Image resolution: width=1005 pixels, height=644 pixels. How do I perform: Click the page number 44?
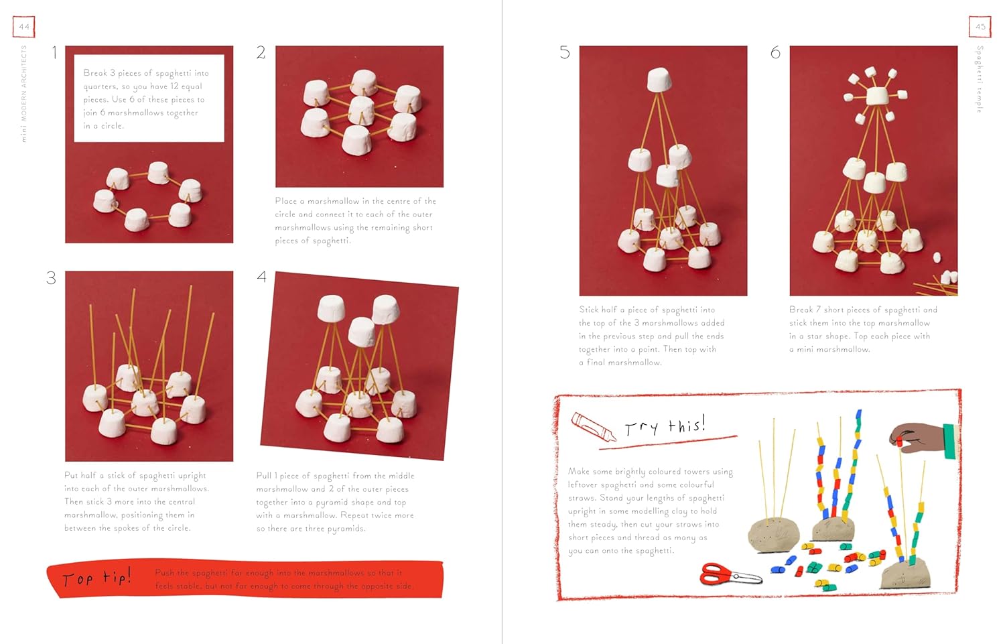[x=24, y=27]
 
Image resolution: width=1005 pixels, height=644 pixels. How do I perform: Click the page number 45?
[x=980, y=27]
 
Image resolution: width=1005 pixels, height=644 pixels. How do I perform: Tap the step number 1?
[x=54, y=53]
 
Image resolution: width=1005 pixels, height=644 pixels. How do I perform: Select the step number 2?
[x=261, y=53]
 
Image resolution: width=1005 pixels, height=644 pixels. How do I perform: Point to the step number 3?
[x=51, y=278]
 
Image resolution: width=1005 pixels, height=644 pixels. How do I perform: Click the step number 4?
[x=261, y=277]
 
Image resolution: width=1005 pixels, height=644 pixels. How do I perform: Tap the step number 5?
[x=564, y=53]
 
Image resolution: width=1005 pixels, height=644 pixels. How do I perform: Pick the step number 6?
[x=775, y=53]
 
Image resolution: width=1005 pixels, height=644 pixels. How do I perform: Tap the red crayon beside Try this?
[x=593, y=427]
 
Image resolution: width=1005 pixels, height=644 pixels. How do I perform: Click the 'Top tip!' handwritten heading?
[x=96, y=578]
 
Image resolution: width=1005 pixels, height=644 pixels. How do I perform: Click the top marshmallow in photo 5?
[x=660, y=80]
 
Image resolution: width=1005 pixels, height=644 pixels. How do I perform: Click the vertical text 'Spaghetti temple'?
[x=980, y=79]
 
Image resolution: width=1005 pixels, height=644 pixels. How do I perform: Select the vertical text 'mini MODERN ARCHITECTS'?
[x=24, y=94]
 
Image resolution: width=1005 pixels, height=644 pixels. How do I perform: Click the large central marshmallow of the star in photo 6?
[x=877, y=95]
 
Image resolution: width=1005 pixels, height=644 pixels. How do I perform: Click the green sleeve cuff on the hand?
[x=949, y=441]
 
